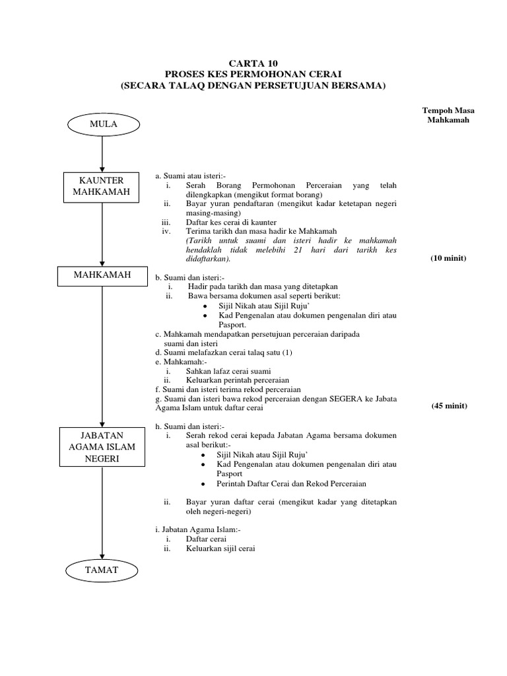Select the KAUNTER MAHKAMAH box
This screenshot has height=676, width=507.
(x=102, y=187)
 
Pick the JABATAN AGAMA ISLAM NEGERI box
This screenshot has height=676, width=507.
(x=102, y=446)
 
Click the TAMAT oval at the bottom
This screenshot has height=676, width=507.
(x=102, y=570)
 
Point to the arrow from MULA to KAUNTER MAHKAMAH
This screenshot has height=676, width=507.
(x=102, y=152)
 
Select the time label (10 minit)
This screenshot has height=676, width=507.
(x=448, y=258)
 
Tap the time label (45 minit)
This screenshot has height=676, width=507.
(x=450, y=406)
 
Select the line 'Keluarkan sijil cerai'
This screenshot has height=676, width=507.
(x=220, y=549)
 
